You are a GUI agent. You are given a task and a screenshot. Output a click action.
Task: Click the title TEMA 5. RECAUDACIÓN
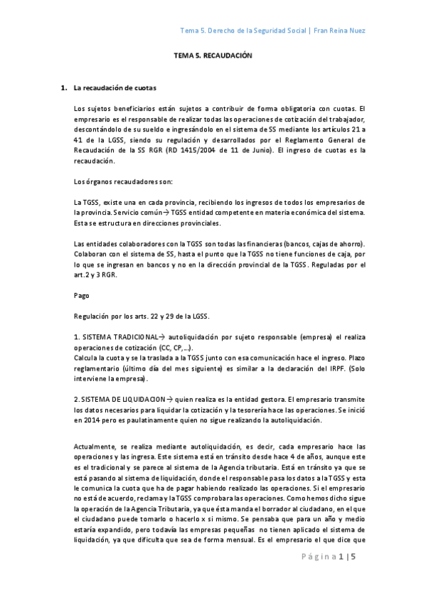coord(213,55)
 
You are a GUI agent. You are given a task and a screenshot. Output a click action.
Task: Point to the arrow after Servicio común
coord(166,213)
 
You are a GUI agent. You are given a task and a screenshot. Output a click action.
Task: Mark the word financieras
coord(252,244)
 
